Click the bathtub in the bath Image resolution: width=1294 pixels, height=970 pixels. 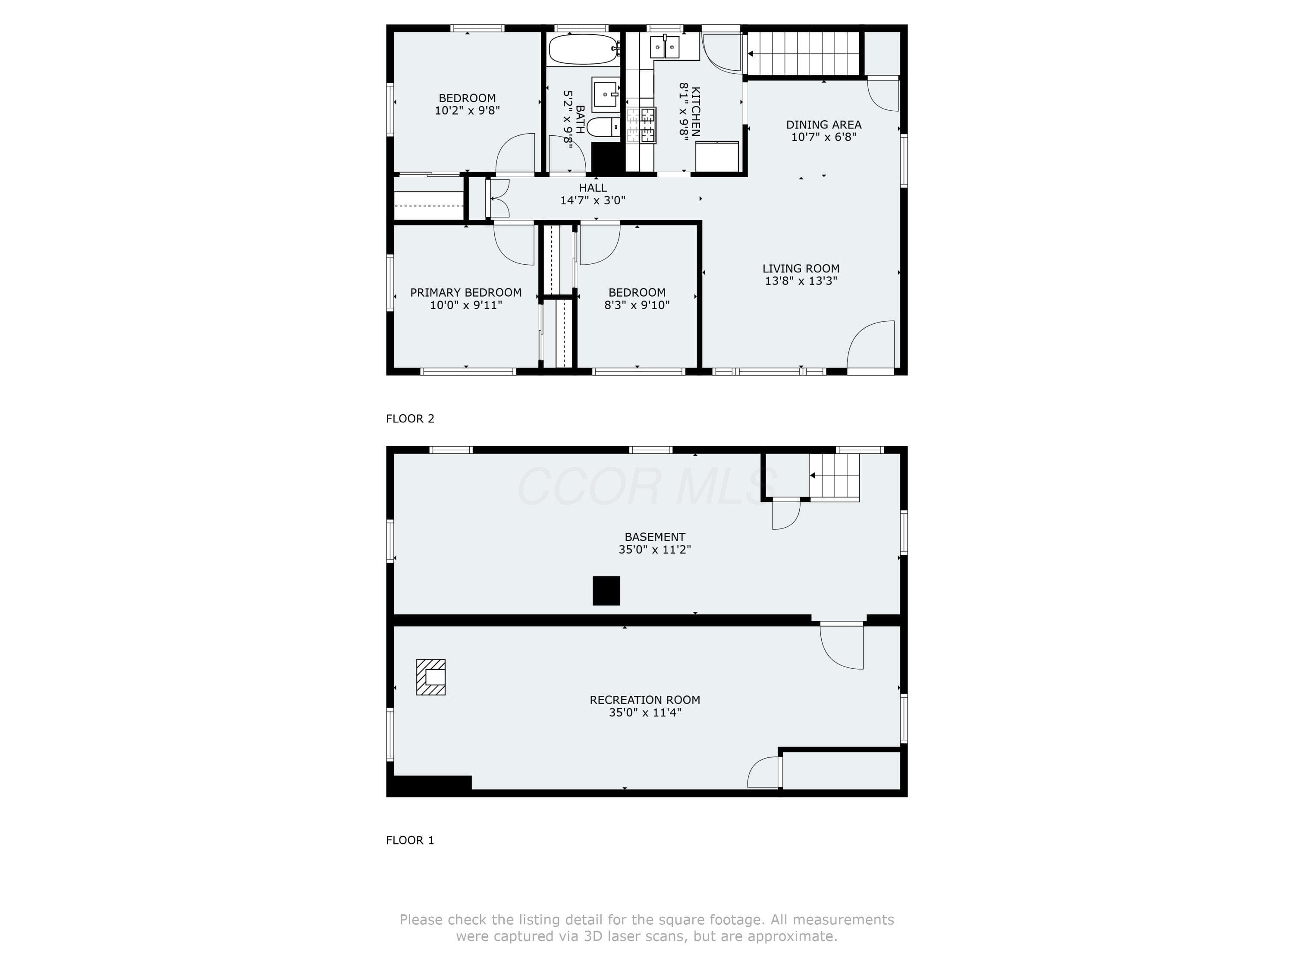(x=583, y=49)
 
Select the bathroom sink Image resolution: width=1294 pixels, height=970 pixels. (x=606, y=94)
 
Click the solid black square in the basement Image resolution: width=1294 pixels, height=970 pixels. (x=606, y=591)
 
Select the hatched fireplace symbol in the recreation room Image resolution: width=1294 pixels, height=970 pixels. (x=430, y=677)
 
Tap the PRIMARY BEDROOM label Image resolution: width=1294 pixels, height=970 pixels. (x=466, y=292)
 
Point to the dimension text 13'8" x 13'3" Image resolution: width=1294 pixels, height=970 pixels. (x=801, y=281)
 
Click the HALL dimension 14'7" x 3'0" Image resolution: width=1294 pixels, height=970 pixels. (x=593, y=200)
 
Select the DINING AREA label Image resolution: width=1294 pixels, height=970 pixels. (x=824, y=125)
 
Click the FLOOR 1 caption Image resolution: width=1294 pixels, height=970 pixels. (x=410, y=840)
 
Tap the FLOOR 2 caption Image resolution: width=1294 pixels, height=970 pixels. (x=410, y=419)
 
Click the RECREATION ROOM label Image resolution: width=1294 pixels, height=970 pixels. (x=645, y=700)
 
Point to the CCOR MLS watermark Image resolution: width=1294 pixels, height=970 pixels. (x=647, y=486)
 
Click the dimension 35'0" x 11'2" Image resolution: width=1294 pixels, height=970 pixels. (x=655, y=550)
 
